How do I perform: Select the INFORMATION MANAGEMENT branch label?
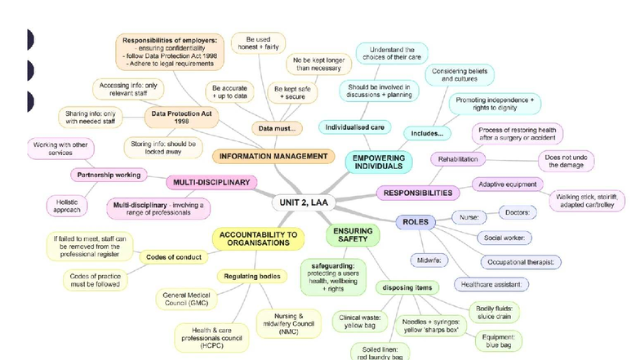[273, 155]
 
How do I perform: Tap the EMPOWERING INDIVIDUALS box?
[379, 160]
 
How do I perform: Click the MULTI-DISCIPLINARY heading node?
[211, 182]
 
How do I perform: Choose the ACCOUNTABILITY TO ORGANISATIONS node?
[260, 238]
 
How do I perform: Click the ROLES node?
[416, 221]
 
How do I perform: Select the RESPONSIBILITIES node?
[416, 193]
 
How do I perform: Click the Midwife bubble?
[429, 259]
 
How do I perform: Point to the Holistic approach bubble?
[67, 205]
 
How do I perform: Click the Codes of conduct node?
[174, 256]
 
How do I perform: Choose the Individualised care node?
[355, 127]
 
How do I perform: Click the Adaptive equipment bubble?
[507, 184]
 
